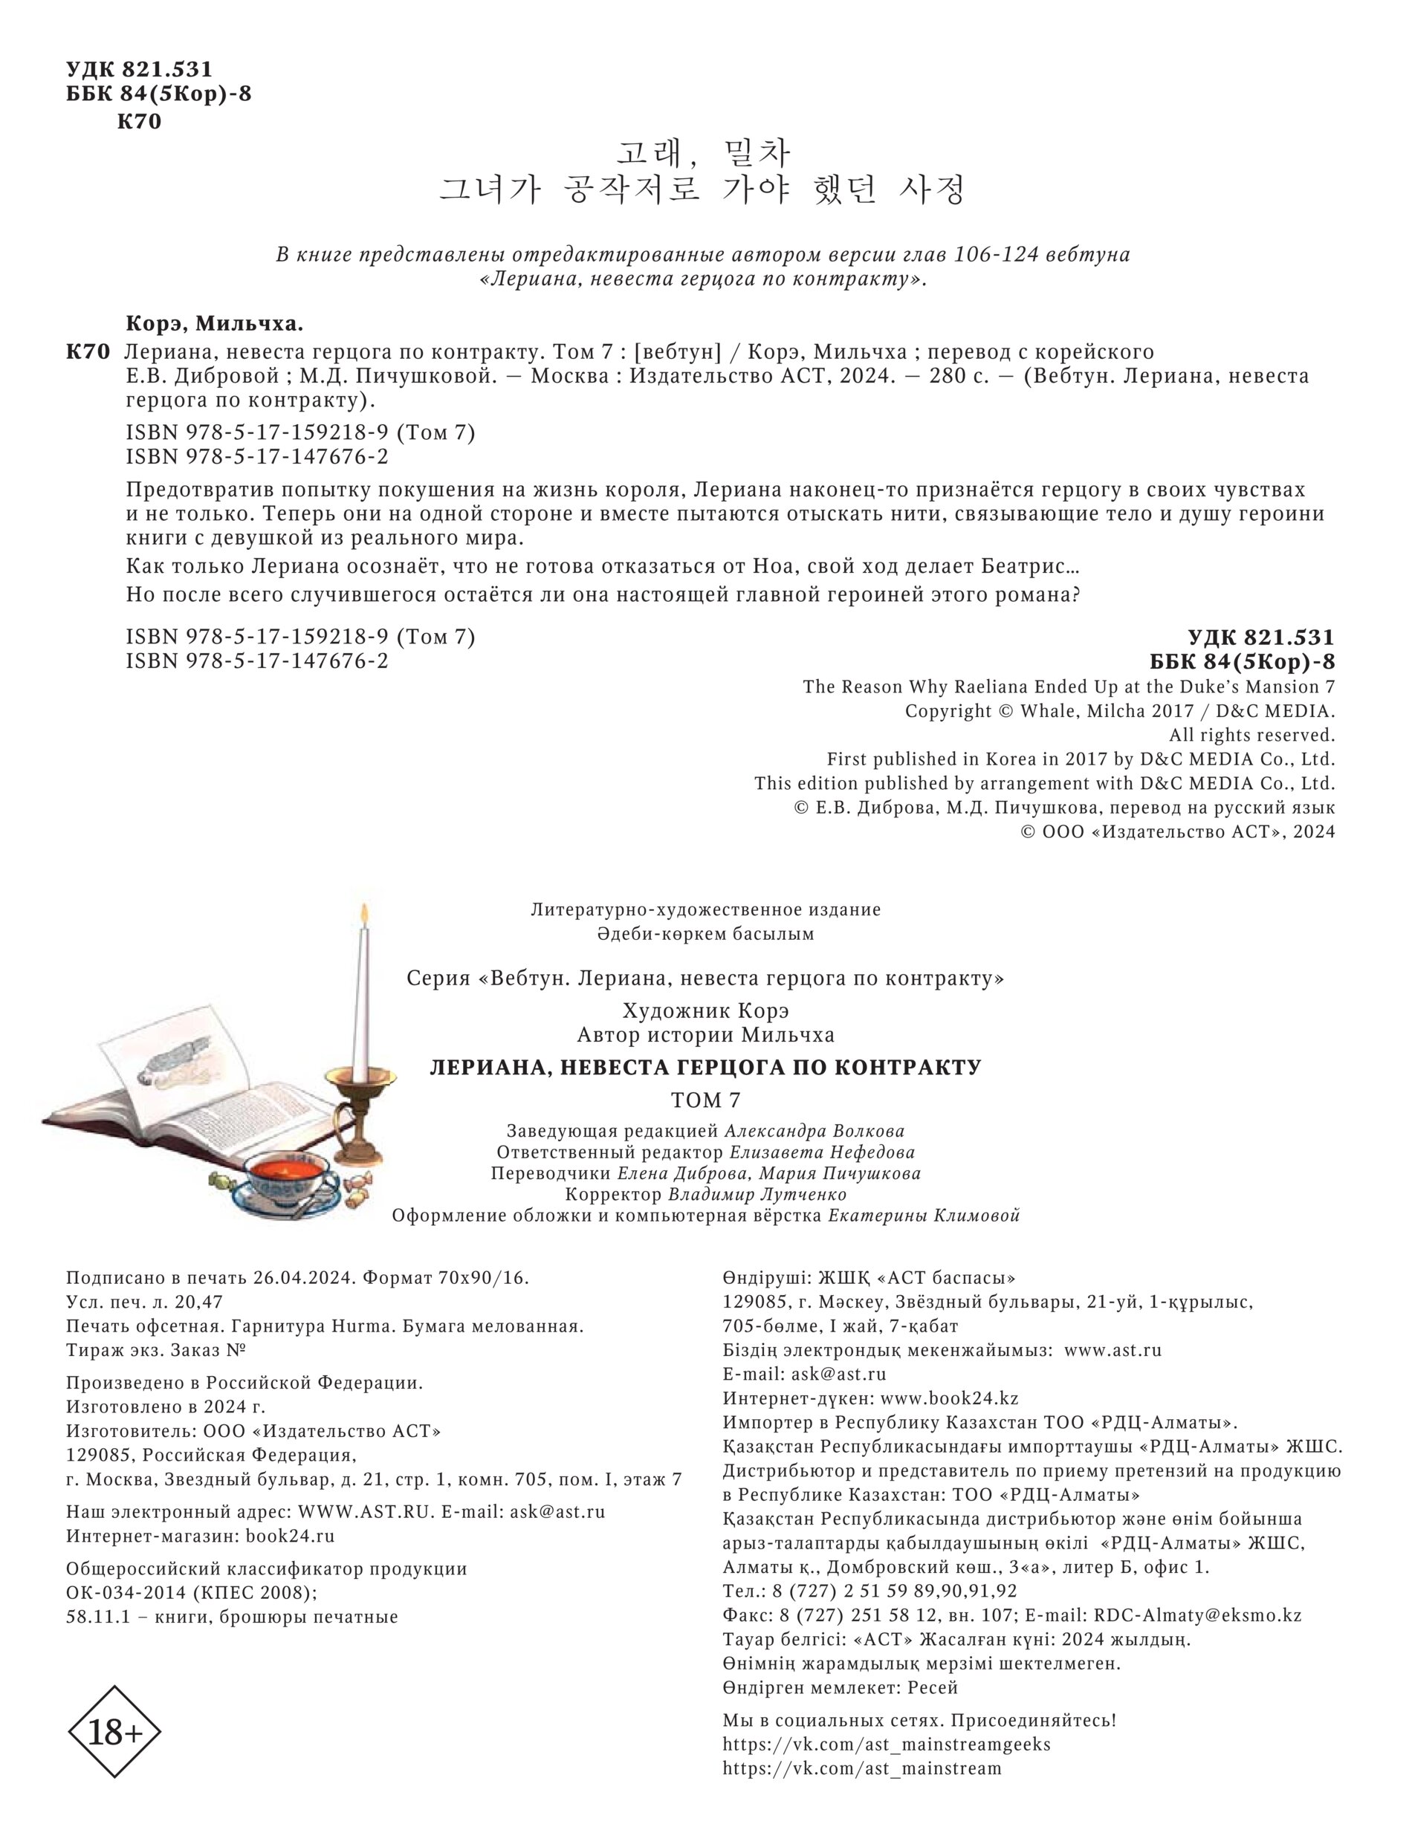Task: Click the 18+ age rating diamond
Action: coord(113,1732)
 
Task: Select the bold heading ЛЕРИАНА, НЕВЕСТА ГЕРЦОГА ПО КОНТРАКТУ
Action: coord(705,1068)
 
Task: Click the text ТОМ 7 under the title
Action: coord(705,1100)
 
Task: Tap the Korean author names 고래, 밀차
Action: coord(703,153)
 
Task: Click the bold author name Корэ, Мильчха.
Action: coord(215,323)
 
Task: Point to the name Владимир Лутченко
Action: coord(757,1194)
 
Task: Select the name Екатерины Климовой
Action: coord(924,1216)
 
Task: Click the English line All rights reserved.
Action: coord(1251,735)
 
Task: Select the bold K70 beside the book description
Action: coord(88,352)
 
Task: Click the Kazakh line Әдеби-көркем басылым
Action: coord(705,932)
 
